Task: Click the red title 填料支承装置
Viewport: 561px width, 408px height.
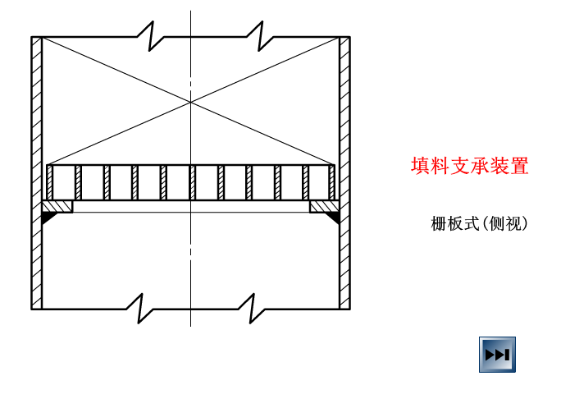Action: click(469, 166)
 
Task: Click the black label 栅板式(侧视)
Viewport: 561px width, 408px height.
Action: click(480, 223)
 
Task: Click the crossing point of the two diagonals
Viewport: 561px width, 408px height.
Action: click(191, 102)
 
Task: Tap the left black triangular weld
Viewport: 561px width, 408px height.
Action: click(48, 218)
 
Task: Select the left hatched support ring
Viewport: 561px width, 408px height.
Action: click(57, 206)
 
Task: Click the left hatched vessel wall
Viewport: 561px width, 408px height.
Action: click(37, 172)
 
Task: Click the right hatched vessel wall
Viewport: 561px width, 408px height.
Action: click(344, 172)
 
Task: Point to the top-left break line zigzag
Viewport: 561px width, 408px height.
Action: click(145, 36)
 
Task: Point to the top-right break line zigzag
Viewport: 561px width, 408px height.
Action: click(255, 36)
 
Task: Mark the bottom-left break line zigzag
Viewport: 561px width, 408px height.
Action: click(135, 309)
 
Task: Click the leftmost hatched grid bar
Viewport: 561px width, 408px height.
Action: click(50, 182)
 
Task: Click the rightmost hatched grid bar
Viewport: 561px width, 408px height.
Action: click(332, 182)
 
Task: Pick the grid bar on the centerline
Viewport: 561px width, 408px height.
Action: click(192, 182)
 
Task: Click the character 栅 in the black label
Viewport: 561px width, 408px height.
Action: click(439, 223)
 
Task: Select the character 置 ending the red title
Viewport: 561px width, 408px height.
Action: click(519, 166)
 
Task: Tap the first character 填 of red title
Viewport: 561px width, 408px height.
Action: click(421, 166)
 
